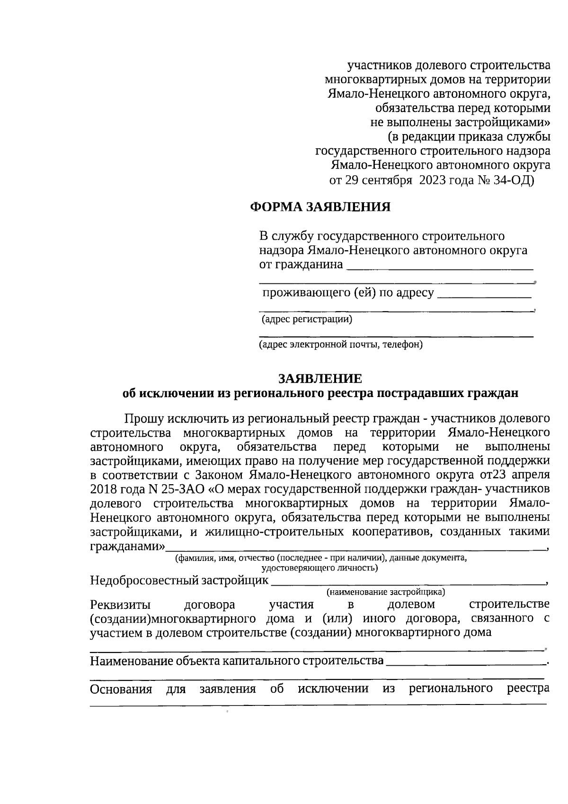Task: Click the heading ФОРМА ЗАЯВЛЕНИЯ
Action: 320,207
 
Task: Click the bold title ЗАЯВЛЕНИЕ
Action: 320,379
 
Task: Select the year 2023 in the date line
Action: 435,180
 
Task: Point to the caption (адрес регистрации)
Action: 307,319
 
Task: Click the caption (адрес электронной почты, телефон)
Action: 341,344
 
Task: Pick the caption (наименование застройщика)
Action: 386,592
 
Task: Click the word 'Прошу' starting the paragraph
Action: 146,419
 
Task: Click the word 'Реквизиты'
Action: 120,605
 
